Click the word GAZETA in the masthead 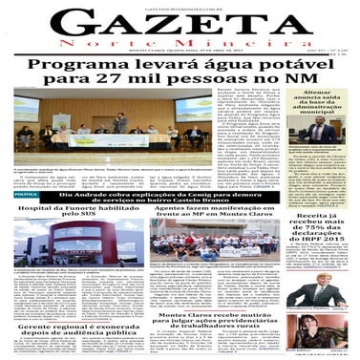coord(179,26)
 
